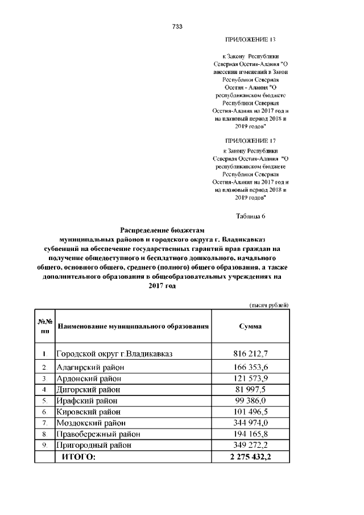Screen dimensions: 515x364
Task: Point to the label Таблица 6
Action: [x=251, y=216]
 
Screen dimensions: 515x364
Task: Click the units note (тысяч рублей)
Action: [x=270, y=306]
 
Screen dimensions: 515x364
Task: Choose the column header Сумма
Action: [x=250, y=327]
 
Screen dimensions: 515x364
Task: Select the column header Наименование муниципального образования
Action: [x=133, y=327]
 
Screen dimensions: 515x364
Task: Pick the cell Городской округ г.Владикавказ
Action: [x=114, y=354]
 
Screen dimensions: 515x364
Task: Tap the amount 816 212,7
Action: [x=250, y=354]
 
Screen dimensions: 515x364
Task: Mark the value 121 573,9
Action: [x=250, y=379]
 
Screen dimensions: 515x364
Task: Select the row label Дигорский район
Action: [x=88, y=390]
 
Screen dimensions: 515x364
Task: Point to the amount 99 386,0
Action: [x=250, y=401]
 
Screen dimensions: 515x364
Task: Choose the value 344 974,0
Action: [x=250, y=423]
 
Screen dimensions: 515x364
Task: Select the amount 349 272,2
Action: [x=250, y=445]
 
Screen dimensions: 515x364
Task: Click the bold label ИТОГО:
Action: [x=79, y=457]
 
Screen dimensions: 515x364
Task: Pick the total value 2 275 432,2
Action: [x=250, y=457]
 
